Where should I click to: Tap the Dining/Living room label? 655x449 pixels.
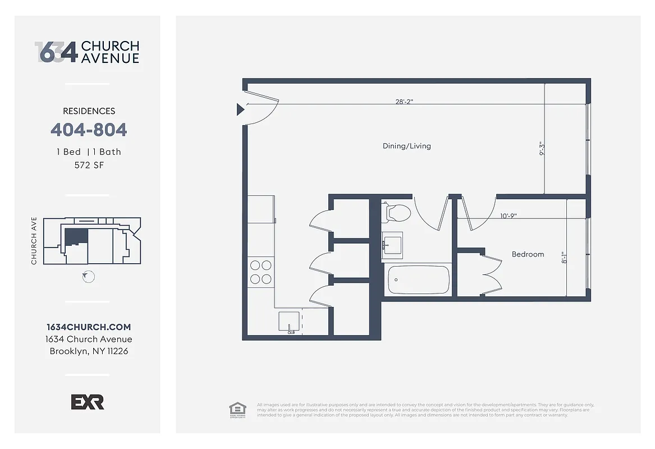(x=406, y=146)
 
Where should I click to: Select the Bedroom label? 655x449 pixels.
(x=528, y=254)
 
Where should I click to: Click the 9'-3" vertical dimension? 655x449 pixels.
(x=542, y=149)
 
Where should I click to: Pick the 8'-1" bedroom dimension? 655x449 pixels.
(x=565, y=257)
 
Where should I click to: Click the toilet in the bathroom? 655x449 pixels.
(x=397, y=213)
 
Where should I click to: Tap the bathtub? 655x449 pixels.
(x=419, y=279)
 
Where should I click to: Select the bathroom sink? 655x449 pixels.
(x=392, y=246)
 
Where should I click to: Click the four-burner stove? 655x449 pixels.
(x=260, y=272)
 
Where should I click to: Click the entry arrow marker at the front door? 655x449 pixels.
(x=240, y=109)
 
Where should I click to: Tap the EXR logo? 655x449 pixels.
(x=87, y=402)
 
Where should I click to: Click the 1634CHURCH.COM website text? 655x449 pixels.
(x=89, y=327)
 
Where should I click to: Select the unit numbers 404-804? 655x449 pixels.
(x=89, y=130)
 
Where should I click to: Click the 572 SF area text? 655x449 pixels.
(x=89, y=165)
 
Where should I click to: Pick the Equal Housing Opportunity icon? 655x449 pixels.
(x=237, y=409)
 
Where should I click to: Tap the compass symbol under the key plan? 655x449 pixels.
(x=88, y=277)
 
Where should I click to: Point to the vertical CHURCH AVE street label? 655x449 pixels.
(x=35, y=241)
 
